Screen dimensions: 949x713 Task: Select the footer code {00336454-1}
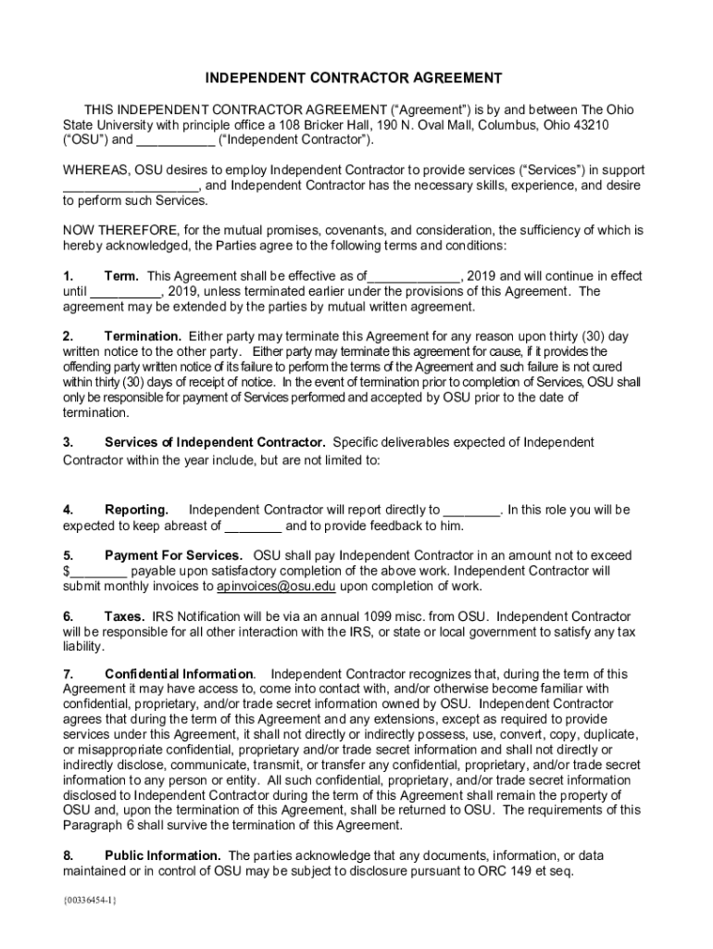(x=90, y=900)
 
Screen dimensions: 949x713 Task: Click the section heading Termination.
(x=143, y=336)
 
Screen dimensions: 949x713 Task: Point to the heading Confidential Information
(x=179, y=674)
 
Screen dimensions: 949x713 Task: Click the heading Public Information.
(x=162, y=855)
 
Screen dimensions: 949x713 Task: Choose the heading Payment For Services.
(x=162, y=555)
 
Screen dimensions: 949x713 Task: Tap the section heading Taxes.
(x=124, y=616)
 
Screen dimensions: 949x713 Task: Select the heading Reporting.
(x=136, y=510)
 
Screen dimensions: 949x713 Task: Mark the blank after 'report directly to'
(x=472, y=511)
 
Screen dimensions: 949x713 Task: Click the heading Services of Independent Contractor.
(x=215, y=443)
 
